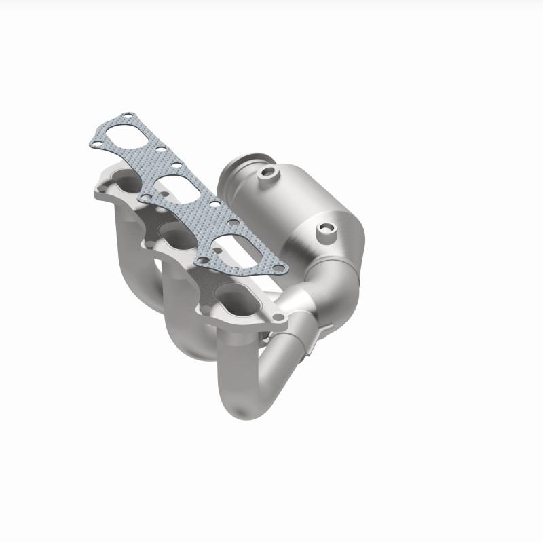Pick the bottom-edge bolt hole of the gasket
(x=200, y=261)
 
